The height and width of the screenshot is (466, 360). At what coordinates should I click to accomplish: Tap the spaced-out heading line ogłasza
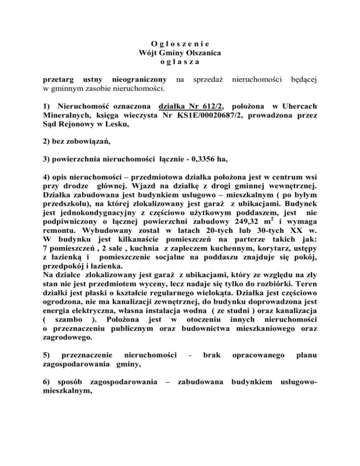tap(180, 62)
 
